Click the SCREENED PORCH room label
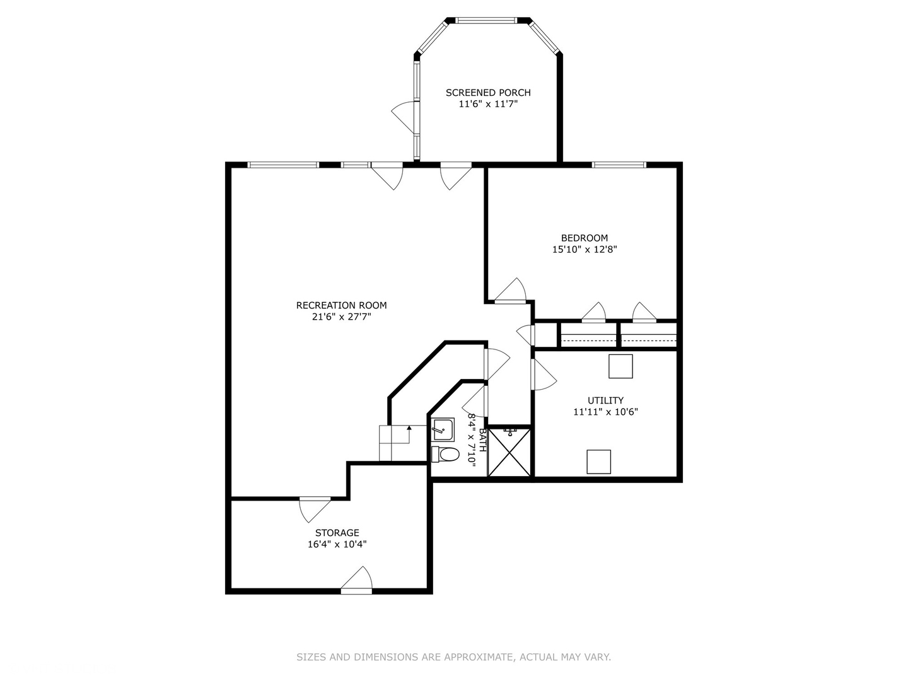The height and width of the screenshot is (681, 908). click(488, 93)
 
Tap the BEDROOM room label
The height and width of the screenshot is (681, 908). click(585, 238)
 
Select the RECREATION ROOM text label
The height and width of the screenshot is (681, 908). click(341, 306)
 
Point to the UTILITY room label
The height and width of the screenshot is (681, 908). click(605, 400)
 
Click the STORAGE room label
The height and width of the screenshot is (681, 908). click(337, 533)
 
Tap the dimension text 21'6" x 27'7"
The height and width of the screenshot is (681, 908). click(342, 317)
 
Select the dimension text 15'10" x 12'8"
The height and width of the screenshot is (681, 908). click(585, 249)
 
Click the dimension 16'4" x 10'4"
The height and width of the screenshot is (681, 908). click(337, 544)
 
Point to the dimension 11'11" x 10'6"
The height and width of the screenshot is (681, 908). click(605, 412)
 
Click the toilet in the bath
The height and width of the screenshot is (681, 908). click(445, 454)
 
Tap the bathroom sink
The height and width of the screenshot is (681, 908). click(443, 429)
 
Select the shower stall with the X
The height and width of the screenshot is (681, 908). click(509, 452)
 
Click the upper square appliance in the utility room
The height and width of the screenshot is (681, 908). click(620, 366)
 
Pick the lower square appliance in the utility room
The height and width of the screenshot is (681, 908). click(598, 462)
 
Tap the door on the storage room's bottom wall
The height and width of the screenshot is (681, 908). click(357, 579)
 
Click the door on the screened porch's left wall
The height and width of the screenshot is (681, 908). click(405, 117)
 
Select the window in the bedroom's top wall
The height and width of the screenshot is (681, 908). click(619, 165)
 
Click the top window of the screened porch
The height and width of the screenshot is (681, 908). click(486, 20)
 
